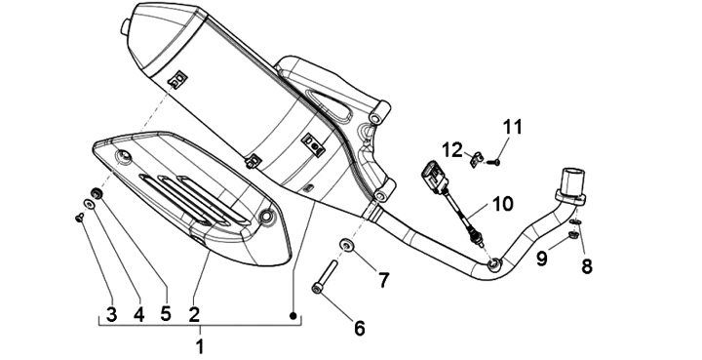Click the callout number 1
click(x=200, y=346)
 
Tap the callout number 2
click(x=194, y=315)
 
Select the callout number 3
click(x=111, y=315)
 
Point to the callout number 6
click(x=360, y=328)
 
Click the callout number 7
click(x=384, y=281)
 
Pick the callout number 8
click(x=587, y=266)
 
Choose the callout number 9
click(x=542, y=259)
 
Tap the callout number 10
click(x=503, y=204)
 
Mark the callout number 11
click(x=513, y=127)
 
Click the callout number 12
click(x=452, y=150)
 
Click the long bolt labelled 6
click(x=324, y=276)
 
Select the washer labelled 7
click(x=346, y=245)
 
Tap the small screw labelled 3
click(x=80, y=218)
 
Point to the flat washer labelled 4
click(x=90, y=204)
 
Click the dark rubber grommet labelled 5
click(x=97, y=194)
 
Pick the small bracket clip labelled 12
click(x=477, y=159)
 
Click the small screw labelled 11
click(x=493, y=163)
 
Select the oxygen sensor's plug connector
click(x=434, y=176)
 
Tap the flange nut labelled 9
click(x=572, y=234)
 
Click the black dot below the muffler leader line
click(x=293, y=316)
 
